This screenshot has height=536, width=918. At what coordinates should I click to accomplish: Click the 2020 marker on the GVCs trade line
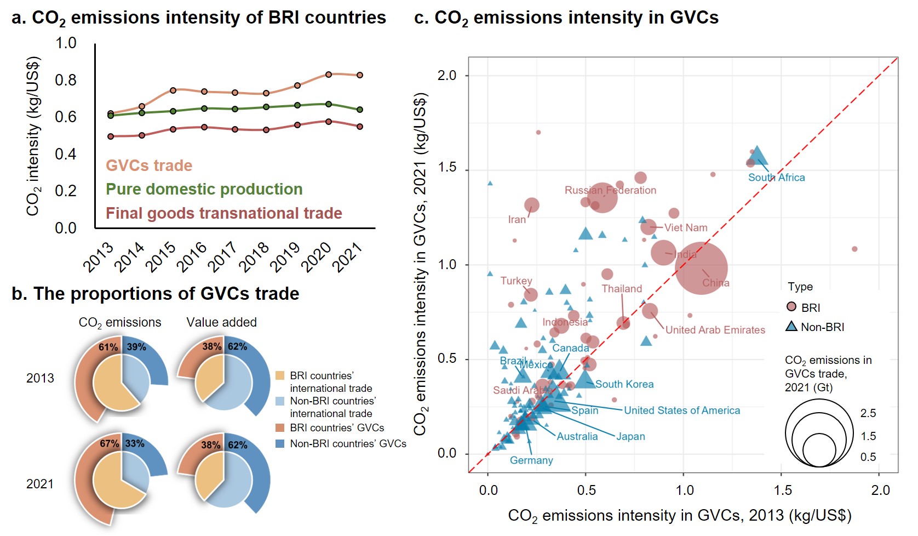329,75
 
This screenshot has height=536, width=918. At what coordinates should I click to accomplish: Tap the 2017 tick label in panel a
223,256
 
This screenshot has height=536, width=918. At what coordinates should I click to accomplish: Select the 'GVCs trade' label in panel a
149,166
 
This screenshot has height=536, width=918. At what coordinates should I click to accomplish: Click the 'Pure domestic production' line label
204,189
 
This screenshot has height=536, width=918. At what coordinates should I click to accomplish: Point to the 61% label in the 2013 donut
108,347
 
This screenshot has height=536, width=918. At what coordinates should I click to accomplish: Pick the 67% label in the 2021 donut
109,443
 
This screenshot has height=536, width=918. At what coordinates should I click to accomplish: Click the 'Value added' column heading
221,322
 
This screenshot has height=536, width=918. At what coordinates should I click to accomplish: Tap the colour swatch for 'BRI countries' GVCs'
280,427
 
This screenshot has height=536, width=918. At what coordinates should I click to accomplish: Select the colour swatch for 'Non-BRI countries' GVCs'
280,443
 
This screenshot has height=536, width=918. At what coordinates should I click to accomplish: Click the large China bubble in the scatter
701,268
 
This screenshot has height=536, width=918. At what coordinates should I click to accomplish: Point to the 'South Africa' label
776,178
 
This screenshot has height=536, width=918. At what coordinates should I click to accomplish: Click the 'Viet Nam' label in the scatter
686,227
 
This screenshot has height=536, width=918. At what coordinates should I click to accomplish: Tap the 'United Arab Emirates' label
715,330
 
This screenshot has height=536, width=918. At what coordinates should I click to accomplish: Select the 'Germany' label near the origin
531,460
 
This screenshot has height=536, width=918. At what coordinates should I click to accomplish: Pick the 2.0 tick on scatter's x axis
880,490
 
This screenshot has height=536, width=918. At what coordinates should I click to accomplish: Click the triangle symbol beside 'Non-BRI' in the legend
791,327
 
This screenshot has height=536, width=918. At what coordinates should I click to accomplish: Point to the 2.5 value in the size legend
868,413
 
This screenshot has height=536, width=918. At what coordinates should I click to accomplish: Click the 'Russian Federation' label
610,190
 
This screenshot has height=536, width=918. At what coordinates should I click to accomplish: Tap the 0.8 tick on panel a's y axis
66,80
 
